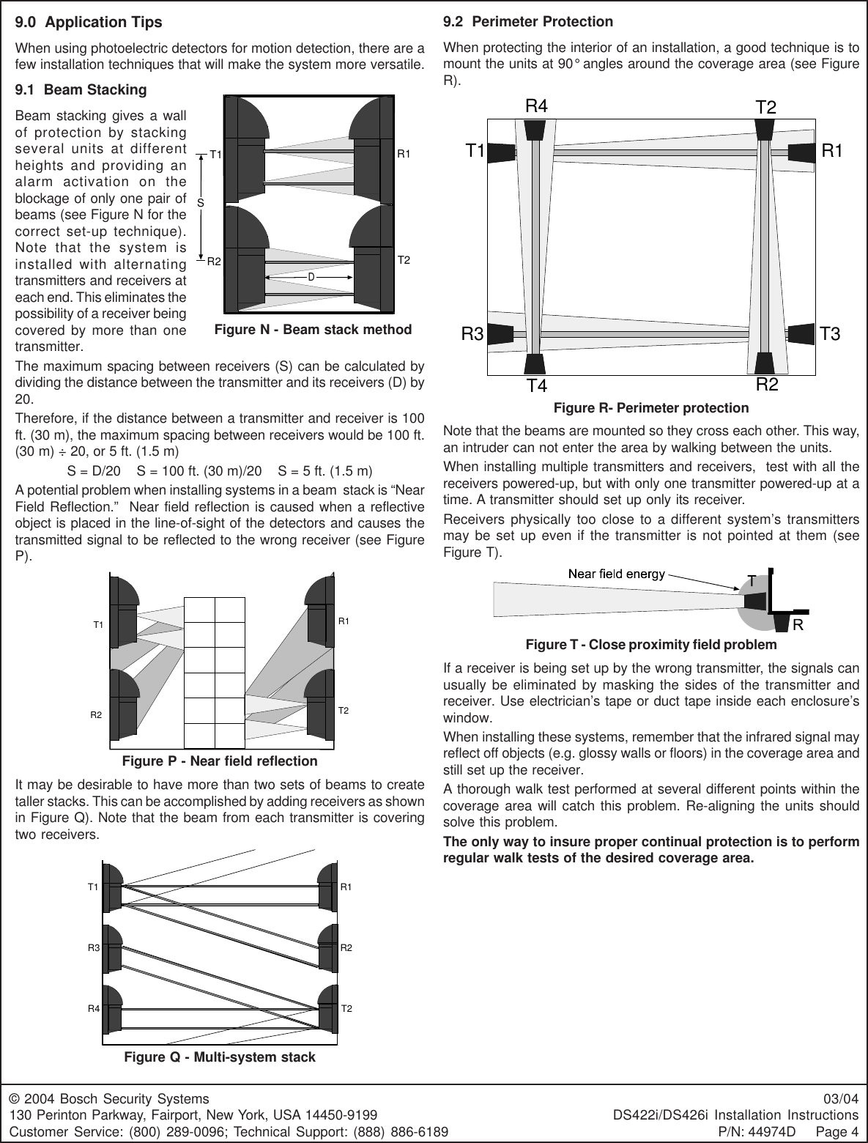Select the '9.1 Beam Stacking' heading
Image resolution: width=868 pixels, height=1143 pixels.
coord(81,90)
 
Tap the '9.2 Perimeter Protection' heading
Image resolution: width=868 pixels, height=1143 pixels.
coord(528,22)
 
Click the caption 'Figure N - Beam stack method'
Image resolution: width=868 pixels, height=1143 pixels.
coord(313,330)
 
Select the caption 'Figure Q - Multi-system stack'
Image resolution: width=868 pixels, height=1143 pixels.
coord(220,1057)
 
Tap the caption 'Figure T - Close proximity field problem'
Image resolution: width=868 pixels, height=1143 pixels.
coord(651,645)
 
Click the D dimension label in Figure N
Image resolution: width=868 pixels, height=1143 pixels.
coord(311,278)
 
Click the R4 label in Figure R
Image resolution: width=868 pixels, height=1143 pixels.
coord(537,106)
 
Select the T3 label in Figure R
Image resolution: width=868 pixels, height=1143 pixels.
coord(830,335)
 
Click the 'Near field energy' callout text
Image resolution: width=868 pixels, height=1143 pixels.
coord(617,573)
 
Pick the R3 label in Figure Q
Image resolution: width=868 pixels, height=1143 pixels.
coord(93,948)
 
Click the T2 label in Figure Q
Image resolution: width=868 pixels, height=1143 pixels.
coord(347,1009)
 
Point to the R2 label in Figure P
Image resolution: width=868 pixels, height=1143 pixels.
coord(96,714)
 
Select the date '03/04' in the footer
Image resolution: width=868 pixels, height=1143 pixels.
coord(844,1099)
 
